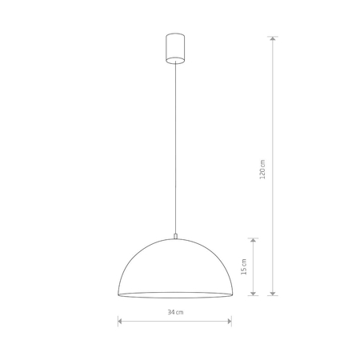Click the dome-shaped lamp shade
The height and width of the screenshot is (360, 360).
(x=174, y=268)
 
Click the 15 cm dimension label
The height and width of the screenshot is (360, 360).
(x=244, y=267)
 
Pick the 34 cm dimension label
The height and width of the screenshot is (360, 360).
(x=174, y=311)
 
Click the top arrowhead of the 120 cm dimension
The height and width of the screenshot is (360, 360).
(x=274, y=38)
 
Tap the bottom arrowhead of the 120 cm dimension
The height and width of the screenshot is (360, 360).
(x=274, y=293)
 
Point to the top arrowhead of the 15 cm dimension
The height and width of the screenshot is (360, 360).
(x=254, y=239)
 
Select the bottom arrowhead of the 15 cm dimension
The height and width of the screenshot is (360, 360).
(x=254, y=293)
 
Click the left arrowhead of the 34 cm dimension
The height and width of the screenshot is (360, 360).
(x=120, y=322)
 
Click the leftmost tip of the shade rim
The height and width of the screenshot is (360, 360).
(x=118, y=294)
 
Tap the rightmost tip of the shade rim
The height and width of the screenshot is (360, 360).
(x=231, y=294)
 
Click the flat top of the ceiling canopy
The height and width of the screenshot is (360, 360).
(x=174, y=34)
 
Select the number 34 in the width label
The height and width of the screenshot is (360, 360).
(x=170, y=311)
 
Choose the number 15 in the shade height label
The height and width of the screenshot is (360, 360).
(x=244, y=263)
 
